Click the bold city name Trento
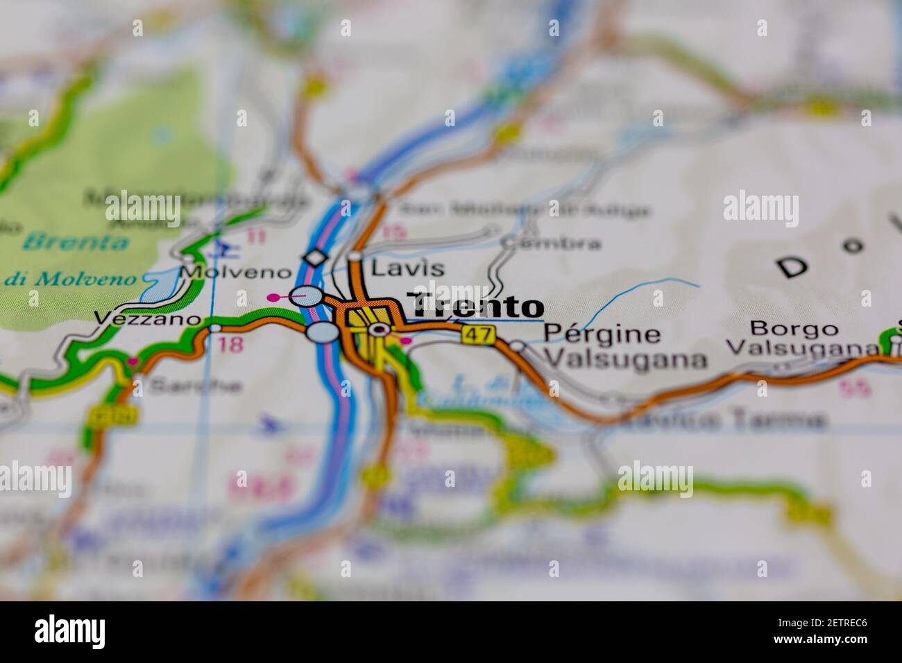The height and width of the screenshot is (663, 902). click(475, 307)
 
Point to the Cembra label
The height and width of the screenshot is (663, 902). click(550, 243)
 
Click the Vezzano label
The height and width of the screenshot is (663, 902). click(146, 320)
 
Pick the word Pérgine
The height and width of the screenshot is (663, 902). click(601, 334)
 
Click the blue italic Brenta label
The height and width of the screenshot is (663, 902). click(76, 243)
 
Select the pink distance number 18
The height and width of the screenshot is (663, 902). click(231, 345)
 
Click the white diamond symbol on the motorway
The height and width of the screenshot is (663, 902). click(316, 259)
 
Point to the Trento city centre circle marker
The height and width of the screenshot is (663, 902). click(379, 330)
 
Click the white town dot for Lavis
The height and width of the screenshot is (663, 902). click(355, 257)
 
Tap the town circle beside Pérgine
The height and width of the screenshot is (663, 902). click(517, 345)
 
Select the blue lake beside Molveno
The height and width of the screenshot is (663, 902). click(159, 285)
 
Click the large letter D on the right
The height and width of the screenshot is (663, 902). click(792, 266)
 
